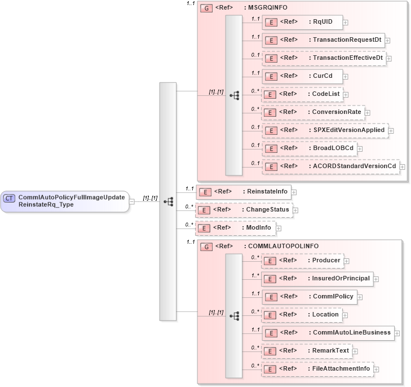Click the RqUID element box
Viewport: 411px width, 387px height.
(302, 22)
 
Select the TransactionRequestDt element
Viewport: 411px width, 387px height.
(324, 40)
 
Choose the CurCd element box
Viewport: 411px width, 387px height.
(302, 76)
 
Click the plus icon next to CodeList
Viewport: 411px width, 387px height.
(346, 95)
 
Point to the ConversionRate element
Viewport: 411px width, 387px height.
(312, 112)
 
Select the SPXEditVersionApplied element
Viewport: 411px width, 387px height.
(324, 130)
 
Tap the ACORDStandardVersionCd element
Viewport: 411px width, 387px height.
(330, 166)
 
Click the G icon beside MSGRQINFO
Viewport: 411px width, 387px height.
(206, 8)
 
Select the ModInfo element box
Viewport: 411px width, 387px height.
(234, 228)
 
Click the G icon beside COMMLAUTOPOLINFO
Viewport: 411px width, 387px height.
(206, 247)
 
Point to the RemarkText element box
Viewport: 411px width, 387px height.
(306, 351)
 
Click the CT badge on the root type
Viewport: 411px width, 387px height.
(9, 198)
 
